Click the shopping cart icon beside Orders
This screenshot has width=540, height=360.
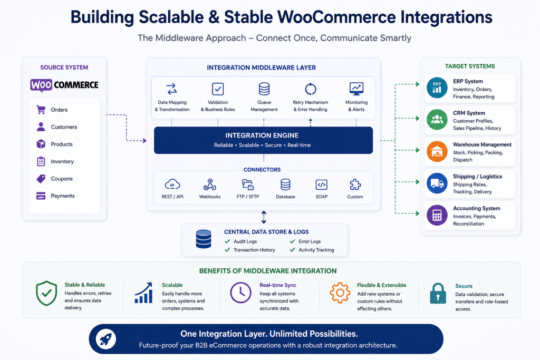point(41,110)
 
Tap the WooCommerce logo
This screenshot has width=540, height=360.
point(64,85)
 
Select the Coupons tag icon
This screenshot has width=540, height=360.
point(41,179)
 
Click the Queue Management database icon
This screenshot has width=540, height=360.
point(264,89)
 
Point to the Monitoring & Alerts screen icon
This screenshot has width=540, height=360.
point(356,89)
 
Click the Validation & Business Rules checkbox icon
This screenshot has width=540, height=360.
point(218,89)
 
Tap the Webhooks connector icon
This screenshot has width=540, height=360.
point(210,185)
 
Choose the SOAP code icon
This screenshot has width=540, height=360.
point(321,185)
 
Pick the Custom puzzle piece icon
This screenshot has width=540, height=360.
point(355,185)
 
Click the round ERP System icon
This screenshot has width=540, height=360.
point(437,88)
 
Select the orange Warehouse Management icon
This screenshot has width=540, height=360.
point(437,151)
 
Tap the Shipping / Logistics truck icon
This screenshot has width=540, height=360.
point(437,183)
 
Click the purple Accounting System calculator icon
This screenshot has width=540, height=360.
point(437,215)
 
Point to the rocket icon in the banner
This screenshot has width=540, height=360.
point(105,339)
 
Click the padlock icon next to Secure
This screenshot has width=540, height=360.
point(438,293)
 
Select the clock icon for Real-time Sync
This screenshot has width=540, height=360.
point(240,293)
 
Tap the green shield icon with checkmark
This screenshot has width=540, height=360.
point(46,293)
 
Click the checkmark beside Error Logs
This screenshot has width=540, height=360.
point(292,241)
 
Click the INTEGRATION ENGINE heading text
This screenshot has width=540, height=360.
point(262,135)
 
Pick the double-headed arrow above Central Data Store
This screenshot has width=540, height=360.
point(264,217)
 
